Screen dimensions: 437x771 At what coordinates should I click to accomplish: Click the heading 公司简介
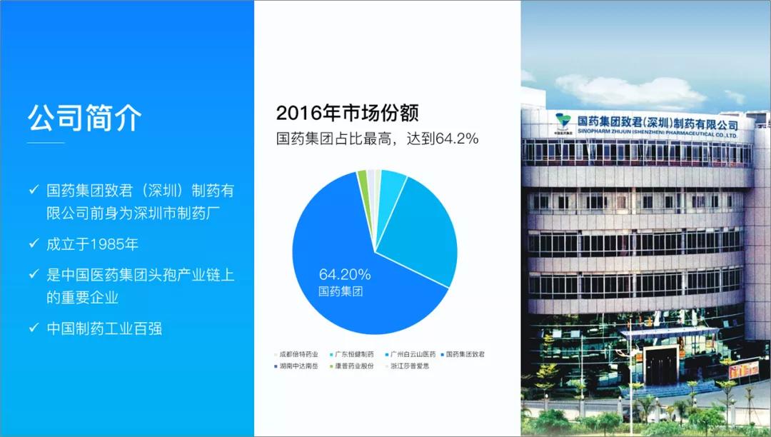point(85,118)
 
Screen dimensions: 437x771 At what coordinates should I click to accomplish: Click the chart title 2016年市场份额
point(347,113)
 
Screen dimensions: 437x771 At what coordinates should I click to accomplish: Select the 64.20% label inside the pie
point(345,274)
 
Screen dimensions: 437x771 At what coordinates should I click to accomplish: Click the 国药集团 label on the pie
point(341,291)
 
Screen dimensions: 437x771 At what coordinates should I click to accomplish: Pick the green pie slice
point(362,176)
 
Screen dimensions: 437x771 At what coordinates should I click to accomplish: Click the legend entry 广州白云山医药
point(413,353)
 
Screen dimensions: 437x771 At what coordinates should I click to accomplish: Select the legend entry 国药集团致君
point(469,353)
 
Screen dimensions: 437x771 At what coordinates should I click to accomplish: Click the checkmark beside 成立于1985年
point(34,243)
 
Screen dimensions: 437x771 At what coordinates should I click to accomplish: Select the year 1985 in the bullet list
point(106,244)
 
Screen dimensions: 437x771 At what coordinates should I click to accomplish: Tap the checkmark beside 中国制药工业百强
point(34,328)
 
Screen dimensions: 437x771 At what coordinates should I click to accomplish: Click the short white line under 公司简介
point(46,143)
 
